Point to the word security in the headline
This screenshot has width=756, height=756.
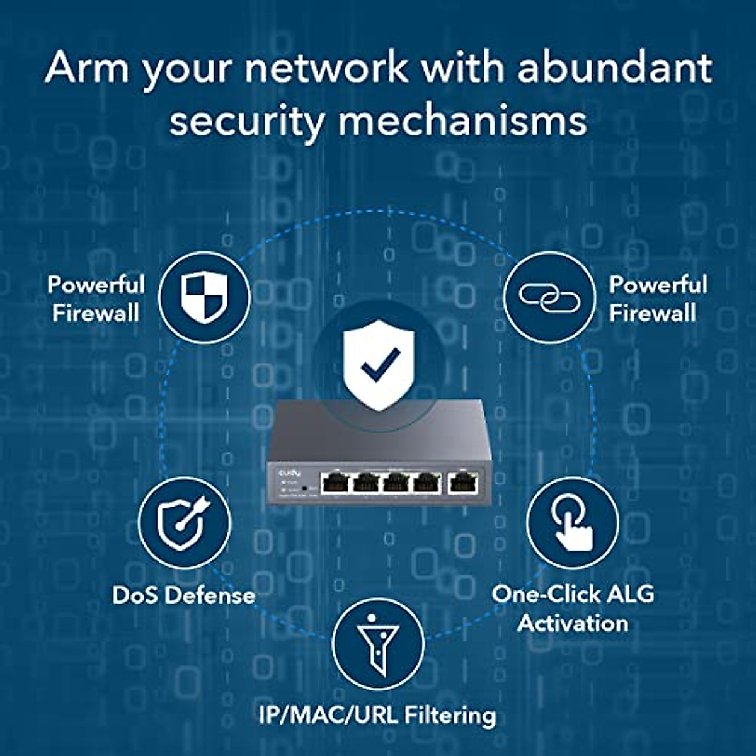246,121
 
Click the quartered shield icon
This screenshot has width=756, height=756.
203,297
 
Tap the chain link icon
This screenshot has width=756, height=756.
549,297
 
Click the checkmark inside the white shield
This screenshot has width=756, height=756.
380,364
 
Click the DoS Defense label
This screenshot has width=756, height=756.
183,595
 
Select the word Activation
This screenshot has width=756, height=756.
573,623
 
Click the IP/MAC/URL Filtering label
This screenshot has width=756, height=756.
377,715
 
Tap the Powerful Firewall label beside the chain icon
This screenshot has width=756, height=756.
657,299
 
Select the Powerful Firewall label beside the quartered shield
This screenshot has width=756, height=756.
96,299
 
